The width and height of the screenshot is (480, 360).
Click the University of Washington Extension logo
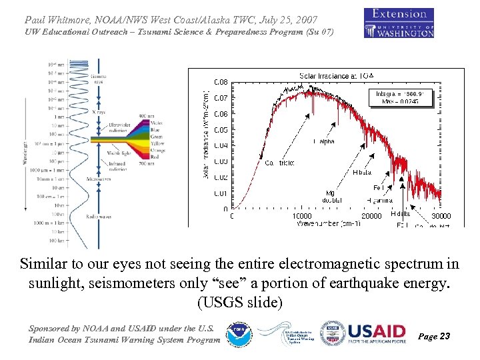click(399, 23)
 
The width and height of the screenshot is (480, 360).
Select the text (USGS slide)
click(239, 302)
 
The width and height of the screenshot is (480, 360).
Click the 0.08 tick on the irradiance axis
click(221, 82)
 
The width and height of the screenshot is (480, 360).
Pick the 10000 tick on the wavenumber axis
click(302, 216)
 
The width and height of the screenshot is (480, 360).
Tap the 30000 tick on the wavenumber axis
click(441, 216)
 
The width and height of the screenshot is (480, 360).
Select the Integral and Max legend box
click(401, 97)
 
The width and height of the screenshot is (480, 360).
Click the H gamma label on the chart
click(379, 200)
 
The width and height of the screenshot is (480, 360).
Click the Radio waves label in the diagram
click(99, 217)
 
